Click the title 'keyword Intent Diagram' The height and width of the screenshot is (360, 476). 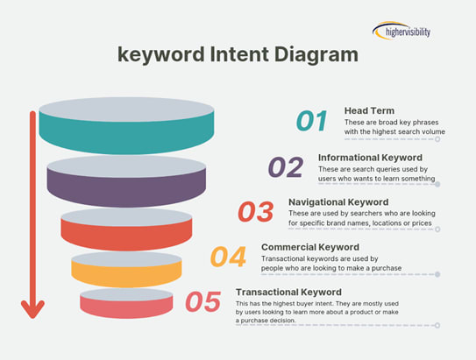(x=238, y=54)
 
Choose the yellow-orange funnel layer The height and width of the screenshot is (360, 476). (x=126, y=272)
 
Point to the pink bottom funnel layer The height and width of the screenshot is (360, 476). (x=126, y=306)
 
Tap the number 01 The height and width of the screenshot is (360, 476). (x=311, y=121)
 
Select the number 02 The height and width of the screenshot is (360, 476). (x=285, y=166)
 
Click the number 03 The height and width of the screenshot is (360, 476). (x=256, y=212)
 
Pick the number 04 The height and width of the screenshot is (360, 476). (x=228, y=258)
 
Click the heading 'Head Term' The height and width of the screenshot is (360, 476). (x=368, y=109)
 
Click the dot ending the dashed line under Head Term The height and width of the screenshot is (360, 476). (x=438, y=138)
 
